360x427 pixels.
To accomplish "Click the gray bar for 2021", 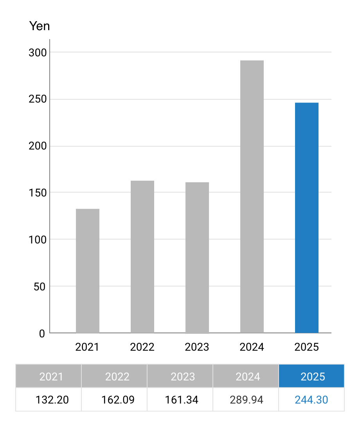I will (88, 271).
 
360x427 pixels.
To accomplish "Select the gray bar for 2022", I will (142, 257).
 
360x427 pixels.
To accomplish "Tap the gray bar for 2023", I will (197, 258).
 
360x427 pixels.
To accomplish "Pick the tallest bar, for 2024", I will (252, 196).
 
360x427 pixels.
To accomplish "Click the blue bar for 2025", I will (307, 218).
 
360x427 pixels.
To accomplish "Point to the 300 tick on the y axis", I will (37, 52).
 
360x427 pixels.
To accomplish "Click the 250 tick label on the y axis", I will (37, 99).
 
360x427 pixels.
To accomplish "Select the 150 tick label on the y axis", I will (37, 193).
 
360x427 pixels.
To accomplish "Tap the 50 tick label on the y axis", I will (40, 286).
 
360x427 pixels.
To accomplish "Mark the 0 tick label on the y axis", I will (42, 334).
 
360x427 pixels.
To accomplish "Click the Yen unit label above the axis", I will (40, 26).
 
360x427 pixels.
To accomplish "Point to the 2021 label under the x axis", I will (88, 347).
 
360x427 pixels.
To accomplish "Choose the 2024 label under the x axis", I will (252, 347).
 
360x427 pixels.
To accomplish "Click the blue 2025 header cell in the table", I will (311, 376).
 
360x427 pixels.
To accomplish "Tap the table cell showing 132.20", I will (52, 400).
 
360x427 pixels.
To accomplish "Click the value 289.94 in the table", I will (247, 400).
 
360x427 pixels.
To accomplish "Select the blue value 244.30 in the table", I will (311, 400).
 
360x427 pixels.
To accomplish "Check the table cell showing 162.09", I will (118, 400).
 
